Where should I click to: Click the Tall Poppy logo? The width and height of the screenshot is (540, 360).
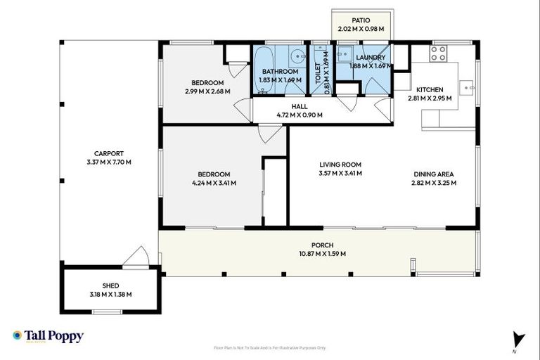tap(48, 336)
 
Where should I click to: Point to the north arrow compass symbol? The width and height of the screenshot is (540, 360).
tap(518, 337)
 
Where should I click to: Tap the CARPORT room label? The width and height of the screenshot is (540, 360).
tap(109, 153)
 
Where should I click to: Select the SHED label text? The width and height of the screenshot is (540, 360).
tap(109, 286)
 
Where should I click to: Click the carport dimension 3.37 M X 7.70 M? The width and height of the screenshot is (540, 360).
tap(109, 162)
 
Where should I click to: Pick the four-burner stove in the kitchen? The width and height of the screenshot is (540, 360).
tap(438, 53)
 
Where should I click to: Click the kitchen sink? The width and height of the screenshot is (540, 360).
tap(466, 87)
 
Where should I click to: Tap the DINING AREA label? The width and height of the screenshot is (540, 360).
tap(433, 174)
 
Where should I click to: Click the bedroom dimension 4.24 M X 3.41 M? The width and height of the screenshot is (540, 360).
tap(213, 183)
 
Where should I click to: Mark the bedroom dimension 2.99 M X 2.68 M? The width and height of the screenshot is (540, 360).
tap(207, 91)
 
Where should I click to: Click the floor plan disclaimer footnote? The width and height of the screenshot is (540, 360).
tap(269, 347)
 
